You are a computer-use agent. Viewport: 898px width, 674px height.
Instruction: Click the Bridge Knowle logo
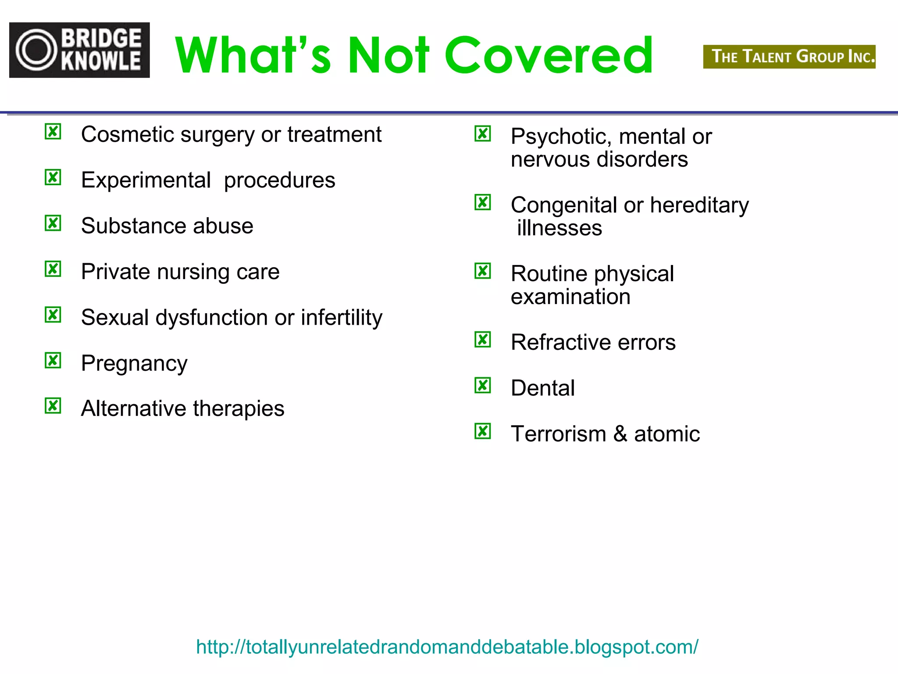click(x=79, y=50)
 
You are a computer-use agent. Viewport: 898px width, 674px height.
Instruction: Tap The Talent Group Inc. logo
click(x=789, y=57)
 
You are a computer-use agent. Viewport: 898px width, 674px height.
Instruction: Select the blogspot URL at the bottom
click(x=447, y=647)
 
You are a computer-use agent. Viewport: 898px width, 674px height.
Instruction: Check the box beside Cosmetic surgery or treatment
click(x=53, y=132)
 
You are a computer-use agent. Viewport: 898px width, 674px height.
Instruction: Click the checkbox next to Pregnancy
click(x=53, y=360)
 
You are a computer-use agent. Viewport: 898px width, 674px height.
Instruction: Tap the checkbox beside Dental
click(x=483, y=385)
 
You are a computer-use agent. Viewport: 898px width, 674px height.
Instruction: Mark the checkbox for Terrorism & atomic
click(x=483, y=431)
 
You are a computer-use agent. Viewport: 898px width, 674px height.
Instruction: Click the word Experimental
click(x=146, y=180)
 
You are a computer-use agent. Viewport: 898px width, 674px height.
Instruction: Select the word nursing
click(x=193, y=272)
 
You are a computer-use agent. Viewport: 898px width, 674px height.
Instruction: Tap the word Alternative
click(x=133, y=409)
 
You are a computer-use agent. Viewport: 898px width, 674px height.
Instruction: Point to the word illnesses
click(x=559, y=228)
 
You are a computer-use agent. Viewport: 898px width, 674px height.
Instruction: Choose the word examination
click(x=570, y=297)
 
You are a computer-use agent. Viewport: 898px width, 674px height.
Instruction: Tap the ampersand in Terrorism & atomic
click(x=620, y=434)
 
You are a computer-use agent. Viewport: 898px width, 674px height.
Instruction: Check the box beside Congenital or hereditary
click(x=483, y=202)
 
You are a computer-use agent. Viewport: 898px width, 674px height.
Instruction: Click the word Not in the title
click(x=388, y=55)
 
